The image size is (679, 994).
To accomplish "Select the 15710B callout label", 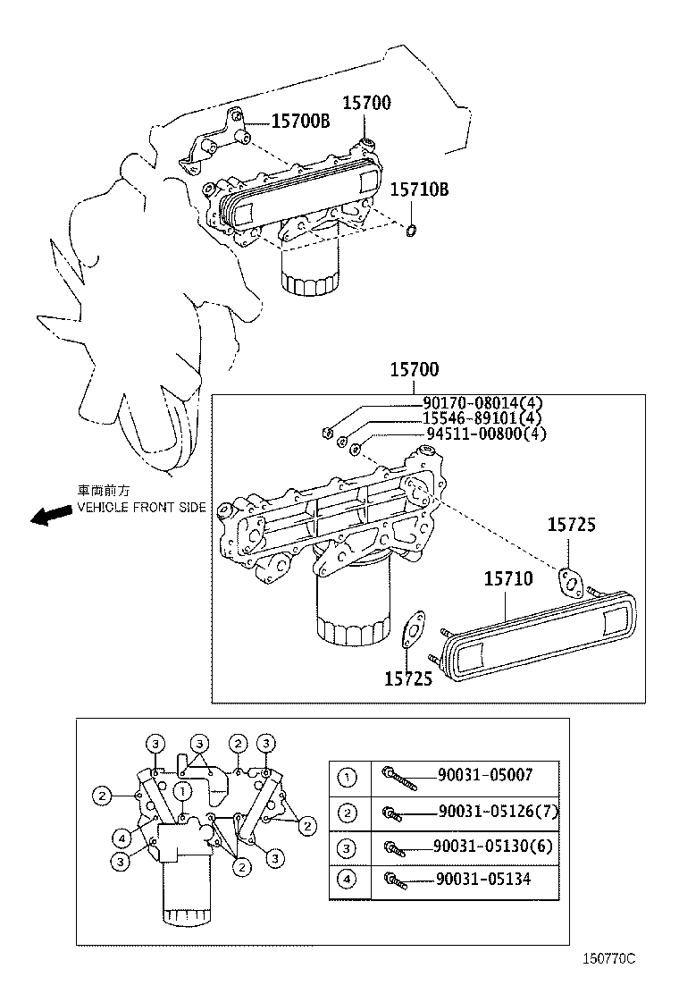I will click(418, 190).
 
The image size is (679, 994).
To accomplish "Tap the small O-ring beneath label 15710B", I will click(412, 233).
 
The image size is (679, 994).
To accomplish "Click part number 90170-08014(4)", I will click(482, 403).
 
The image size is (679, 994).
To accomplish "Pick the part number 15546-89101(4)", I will click(482, 418).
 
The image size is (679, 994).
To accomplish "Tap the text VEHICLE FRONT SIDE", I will click(141, 507).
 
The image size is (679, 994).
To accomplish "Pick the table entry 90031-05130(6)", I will click(494, 846).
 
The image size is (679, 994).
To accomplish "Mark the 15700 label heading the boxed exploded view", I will click(415, 370).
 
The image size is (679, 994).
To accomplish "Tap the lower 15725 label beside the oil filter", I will click(408, 679).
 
